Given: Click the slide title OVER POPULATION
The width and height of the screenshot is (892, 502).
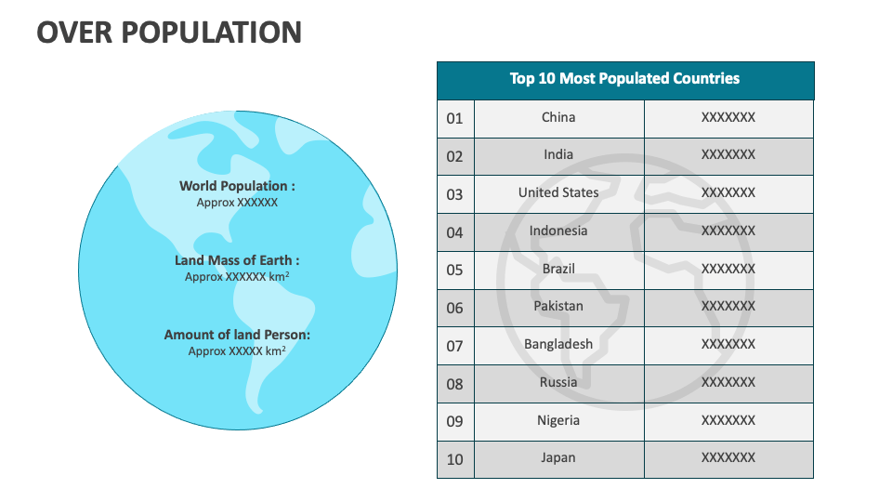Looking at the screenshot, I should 169,33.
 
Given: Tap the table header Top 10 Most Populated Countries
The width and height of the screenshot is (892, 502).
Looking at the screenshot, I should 624,79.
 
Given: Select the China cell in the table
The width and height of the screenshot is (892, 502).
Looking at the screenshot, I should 558,117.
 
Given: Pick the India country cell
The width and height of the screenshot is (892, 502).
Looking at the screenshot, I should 558,155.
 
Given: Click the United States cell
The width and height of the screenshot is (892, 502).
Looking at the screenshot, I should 558,193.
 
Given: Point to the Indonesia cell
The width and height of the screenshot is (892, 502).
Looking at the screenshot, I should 558,231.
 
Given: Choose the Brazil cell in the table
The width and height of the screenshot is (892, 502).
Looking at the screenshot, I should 558,269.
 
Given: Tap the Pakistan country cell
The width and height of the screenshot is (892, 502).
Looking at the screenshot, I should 558,307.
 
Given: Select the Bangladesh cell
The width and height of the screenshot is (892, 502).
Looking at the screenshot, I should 558,344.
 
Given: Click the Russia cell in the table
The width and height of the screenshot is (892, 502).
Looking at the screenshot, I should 558,382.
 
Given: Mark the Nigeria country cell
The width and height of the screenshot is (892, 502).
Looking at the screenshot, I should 558,420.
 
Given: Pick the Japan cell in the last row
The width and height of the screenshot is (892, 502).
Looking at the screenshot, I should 558,457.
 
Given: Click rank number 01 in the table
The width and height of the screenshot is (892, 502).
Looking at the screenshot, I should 454,118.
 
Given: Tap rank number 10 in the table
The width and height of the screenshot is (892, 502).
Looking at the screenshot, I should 454,459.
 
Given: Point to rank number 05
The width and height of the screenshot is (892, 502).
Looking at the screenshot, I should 454,270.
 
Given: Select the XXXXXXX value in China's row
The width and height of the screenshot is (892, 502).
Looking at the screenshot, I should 728,117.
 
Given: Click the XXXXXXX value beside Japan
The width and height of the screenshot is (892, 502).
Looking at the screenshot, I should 728,457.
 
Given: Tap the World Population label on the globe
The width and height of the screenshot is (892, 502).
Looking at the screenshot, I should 237,186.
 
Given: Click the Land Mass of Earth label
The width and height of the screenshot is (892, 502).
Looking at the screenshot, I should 237,261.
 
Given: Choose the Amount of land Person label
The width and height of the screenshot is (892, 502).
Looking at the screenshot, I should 237,335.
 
